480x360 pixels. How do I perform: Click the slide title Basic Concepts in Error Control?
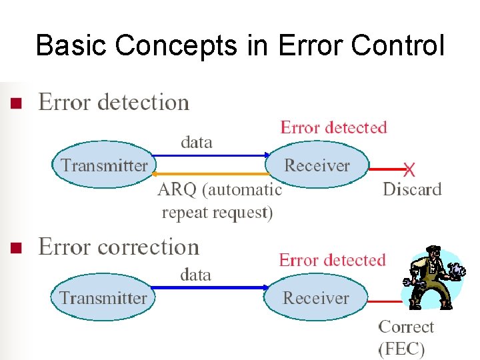click(x=239, y=45)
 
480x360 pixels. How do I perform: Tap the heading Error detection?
click(x=114, y=103)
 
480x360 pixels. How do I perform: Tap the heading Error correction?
click(x=119, y=247)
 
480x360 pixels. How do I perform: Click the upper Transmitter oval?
click(x=104, y=165)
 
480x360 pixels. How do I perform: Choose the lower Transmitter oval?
click(x=103, y=297)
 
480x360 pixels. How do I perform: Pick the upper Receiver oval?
click(x=317, y=165)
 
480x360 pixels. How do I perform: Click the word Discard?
click(x=412, y=189)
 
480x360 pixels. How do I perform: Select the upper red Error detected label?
click(x=333, y=127)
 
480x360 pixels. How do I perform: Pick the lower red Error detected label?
click(x=332, y=260)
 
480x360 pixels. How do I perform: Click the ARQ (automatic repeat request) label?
click(x=219, y=201)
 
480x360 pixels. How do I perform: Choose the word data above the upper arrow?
click(x=197, y=142)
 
